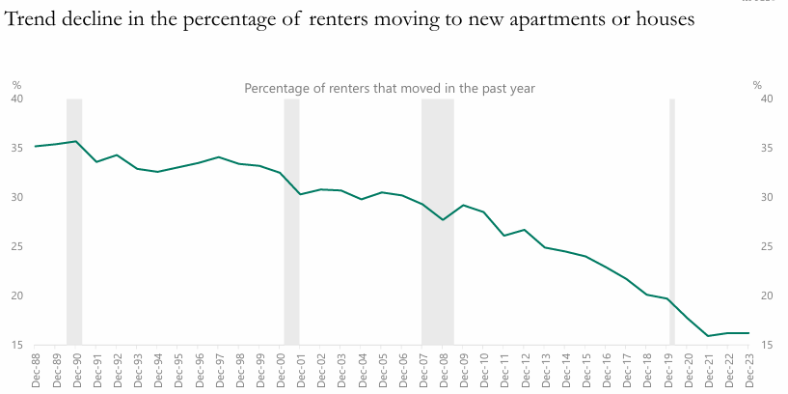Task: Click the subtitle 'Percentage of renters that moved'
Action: click(389, 88)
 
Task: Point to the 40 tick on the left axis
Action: click(16, 98)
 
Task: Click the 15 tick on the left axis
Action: click(16, 345)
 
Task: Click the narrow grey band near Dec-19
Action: click(671, 222)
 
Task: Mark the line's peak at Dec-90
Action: click(76, 141)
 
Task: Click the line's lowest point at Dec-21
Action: click(708, 336)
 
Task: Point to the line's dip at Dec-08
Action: click(443, 220)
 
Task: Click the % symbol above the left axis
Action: click(16, 86)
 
